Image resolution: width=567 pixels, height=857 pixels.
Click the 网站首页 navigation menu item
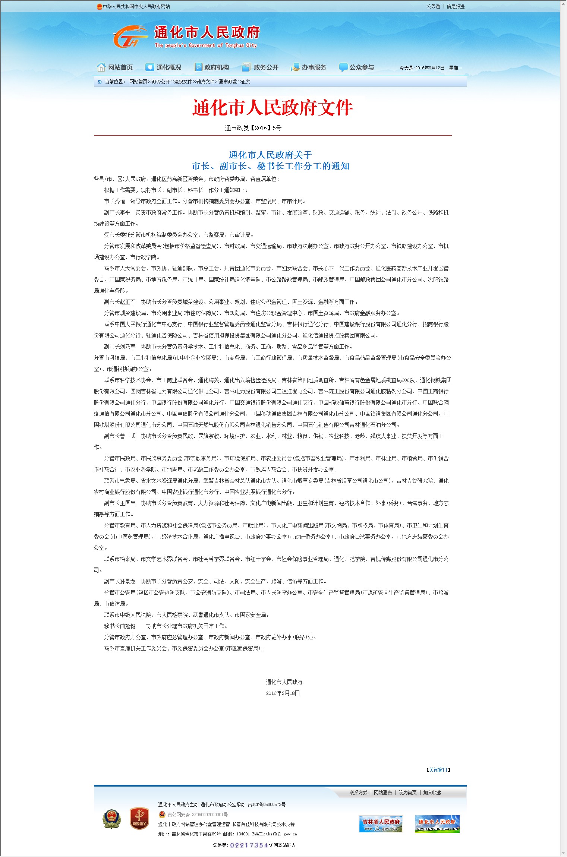pyautogui.click(x=115, y=67)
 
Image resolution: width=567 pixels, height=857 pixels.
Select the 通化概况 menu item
pyautogui.click(x=164, y=67)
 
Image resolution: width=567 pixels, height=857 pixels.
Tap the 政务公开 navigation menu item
pyautogui.click(x=261, y=67)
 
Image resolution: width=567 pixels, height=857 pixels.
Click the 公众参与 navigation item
pyautogui.click(x=357, y=67)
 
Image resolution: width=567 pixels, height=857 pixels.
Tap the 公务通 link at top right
pyautogui.click(x=433, y=6)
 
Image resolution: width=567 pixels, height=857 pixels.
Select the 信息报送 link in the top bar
pyautogui.click(x=456, y=6)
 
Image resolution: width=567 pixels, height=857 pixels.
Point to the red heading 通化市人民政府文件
pyautogui.click(x=273, y=108)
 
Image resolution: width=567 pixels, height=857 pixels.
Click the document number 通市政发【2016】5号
pyautogui.click(x=253, y=128)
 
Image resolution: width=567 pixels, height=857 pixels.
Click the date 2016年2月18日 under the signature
pyautogui.click(x=283, y=693)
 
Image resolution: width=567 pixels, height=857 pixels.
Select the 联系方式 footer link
pyautogui.click(x=358, y=793)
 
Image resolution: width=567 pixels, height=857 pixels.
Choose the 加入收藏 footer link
pyautogui.click(x=432, y=793)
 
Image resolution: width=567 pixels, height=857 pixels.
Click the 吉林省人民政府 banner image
pyautogui.click(x=381, y=824)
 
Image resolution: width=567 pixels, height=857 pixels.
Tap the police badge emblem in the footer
pyautogui.click(x=112, y=819)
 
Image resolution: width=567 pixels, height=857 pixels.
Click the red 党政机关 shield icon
pyautogui.click(x=139, y=819)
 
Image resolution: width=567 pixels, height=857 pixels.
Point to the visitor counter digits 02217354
pyautogui.click(x=249, y=845)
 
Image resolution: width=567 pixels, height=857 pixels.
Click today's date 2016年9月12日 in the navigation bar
pyautogui.click(x=430, y=68)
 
